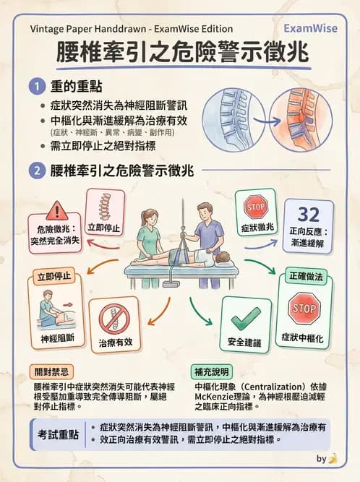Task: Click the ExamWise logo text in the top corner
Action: coord(309,28)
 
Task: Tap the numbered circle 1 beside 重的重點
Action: coord(37,87)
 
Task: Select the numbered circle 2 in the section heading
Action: coord(37,171)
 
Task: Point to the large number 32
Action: coord(309,215)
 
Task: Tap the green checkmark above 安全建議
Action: coord(246,317)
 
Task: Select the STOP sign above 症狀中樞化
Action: coord(302,309)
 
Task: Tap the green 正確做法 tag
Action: coord(307,276)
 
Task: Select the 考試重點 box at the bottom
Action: coord(58,434)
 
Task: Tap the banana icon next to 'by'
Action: coord(333,458)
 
